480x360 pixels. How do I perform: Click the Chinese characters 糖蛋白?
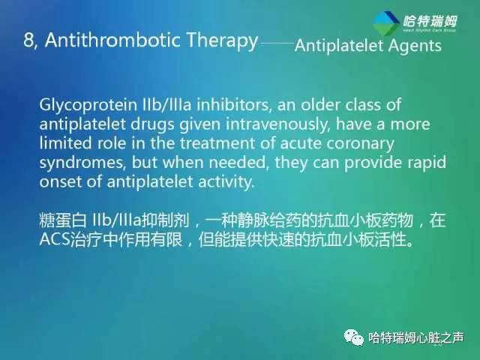click(x=62, y=222)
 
